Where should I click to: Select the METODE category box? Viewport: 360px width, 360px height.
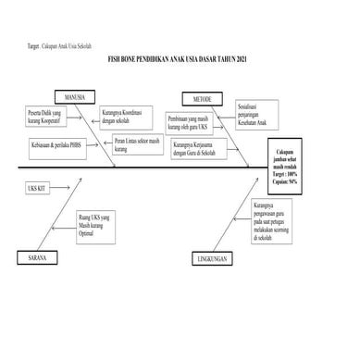(202, 97)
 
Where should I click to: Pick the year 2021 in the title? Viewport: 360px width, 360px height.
(243, 60)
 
